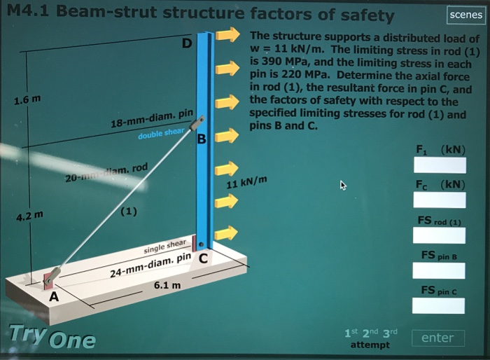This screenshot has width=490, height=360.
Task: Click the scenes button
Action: click(x=465, y=14)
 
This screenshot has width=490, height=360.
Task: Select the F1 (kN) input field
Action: click(x=440, y=165)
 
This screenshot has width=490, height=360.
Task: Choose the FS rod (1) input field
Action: click(x=440, y=235)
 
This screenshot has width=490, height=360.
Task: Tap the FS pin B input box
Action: click(x=440, y=270)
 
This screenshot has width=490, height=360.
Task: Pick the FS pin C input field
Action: click(x=440, y=305)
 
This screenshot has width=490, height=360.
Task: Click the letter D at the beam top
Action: click(x=185, y=43)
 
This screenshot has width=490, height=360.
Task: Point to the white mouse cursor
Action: click(x=342, y=186)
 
